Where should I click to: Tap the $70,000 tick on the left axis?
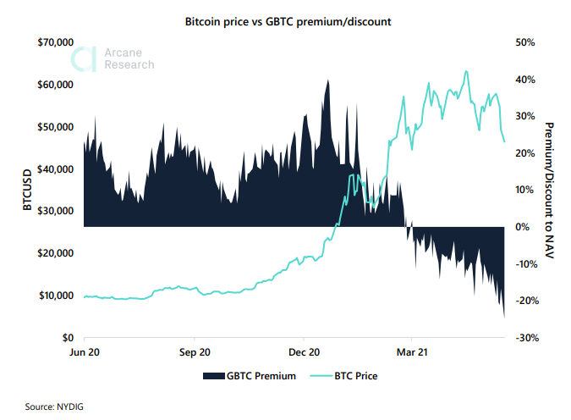coord(58,42)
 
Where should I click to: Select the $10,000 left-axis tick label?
coord(58,296)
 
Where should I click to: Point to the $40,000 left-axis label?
coord(58,169)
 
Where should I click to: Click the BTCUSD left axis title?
coord(28,190)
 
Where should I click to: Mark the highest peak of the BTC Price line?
coord(466,71)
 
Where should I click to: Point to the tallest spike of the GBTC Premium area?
coord(327,80)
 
